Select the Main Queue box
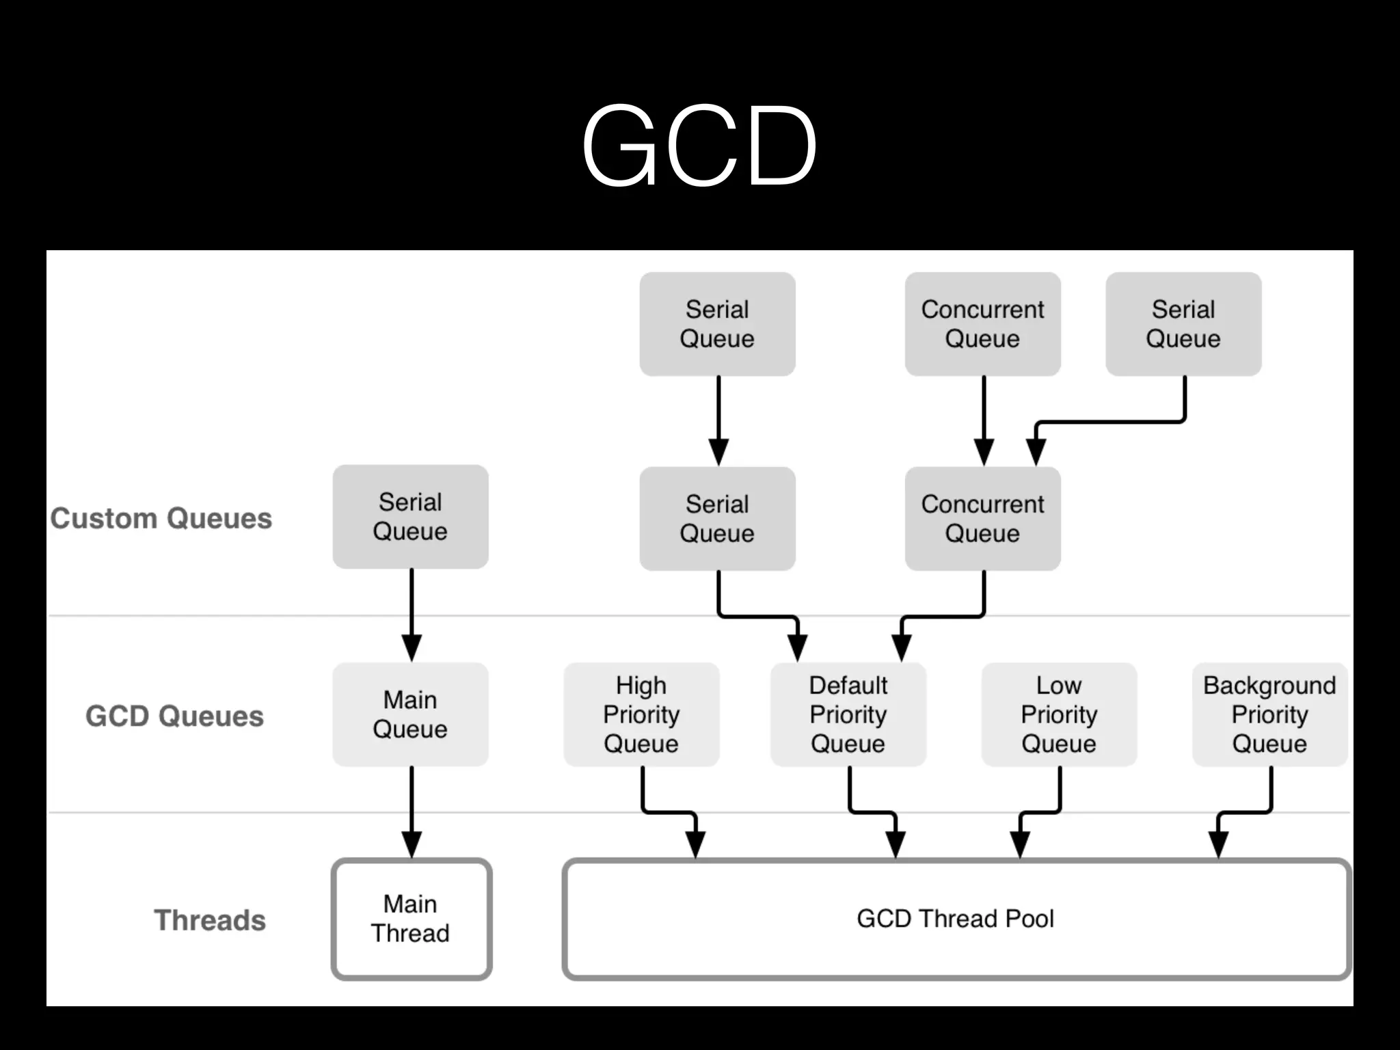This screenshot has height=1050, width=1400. [x=410, y=714]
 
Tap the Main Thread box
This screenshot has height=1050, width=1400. [x=411, y=919]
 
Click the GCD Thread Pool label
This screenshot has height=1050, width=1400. [x=955, y=919]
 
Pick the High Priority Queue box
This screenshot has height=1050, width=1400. [x=641, y=714]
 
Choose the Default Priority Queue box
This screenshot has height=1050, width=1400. [x=848, y=714]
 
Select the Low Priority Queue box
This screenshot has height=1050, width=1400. [x=1059, y=714]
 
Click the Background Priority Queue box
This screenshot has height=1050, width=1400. [x=1269, y=714]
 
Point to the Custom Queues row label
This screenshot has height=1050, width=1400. [x=161, y=518]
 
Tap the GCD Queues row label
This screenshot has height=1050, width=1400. [x=174, y=716]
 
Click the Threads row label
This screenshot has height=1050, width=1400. [x=209, y=920]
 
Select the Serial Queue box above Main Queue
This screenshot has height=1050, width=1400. [x=410, y=517]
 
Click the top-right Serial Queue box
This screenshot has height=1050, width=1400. [x=1183, y=324]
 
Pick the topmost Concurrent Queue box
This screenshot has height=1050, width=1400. [x=982, y=324]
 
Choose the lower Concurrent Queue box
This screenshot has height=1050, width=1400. [x=982, y=518]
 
